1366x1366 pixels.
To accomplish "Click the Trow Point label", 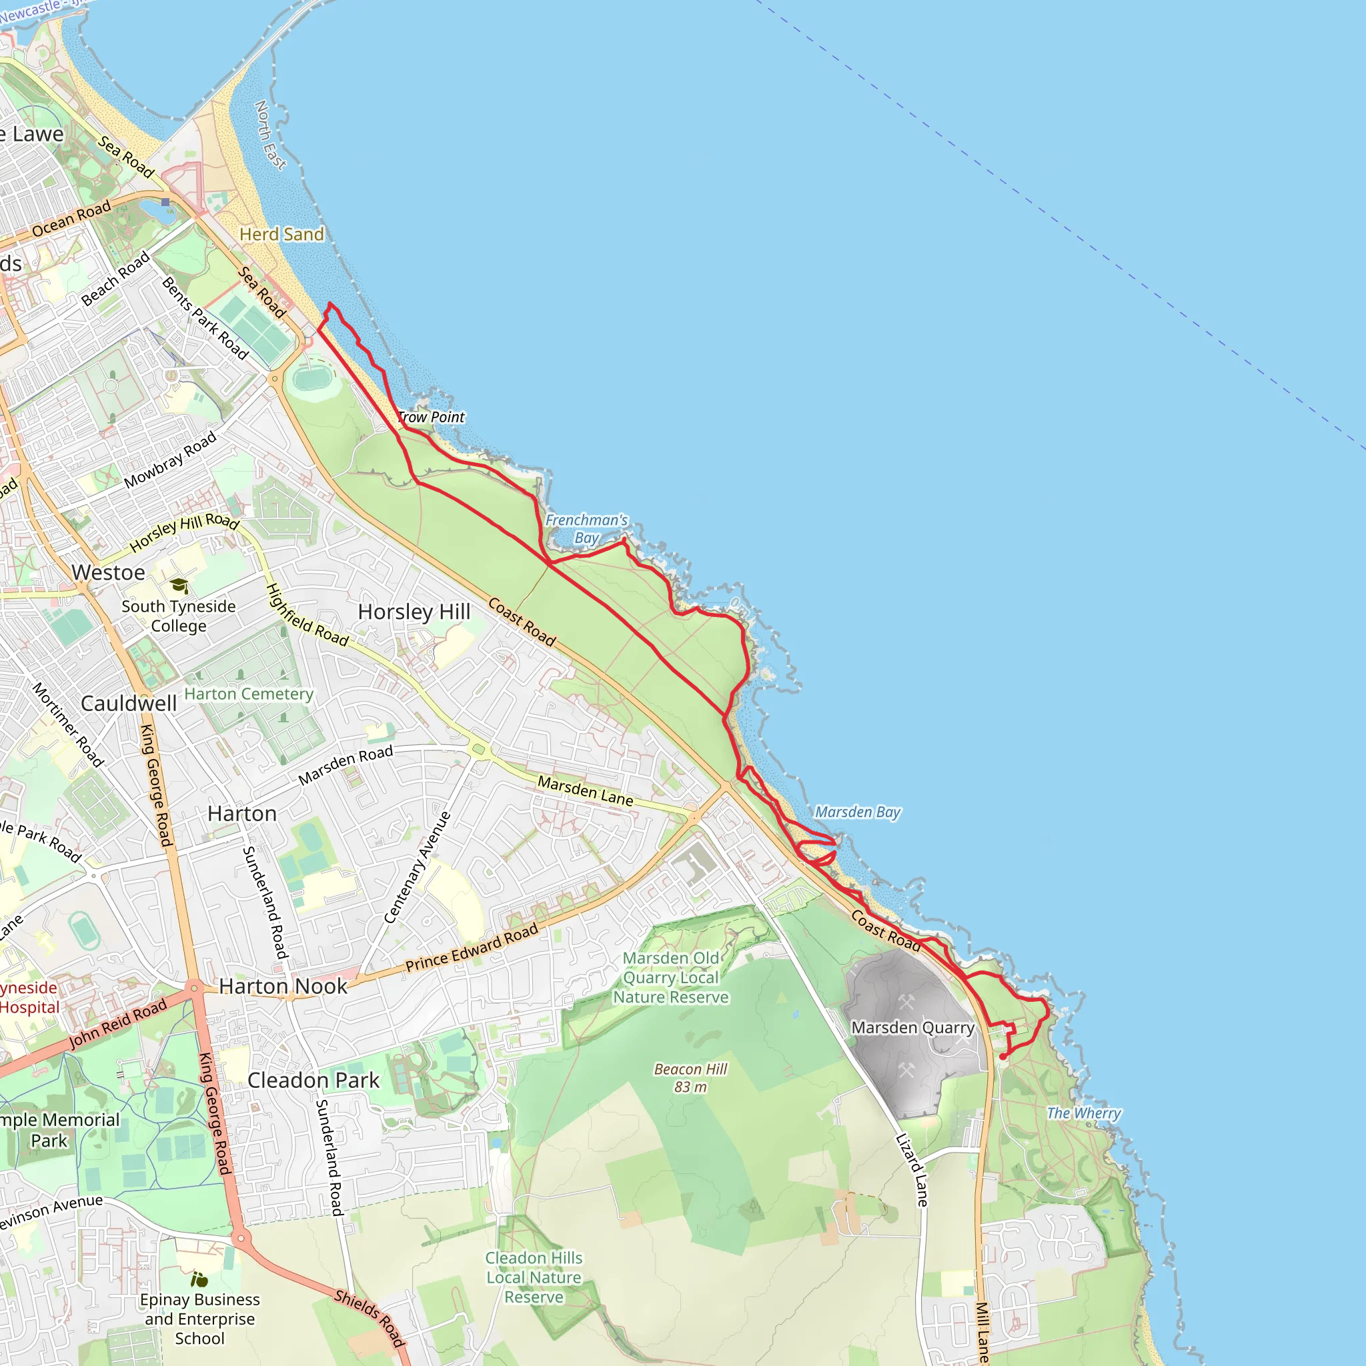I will pos(431,417).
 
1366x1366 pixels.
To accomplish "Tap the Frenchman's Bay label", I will pos(586,529).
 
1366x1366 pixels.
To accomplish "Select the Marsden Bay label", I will pos(858,812).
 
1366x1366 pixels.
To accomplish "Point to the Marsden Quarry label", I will pos(912,1027).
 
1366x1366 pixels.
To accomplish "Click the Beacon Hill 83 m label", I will pos(690,1078).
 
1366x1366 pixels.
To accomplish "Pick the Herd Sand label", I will pos(281,234).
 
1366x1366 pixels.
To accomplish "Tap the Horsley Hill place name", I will pos(414,612).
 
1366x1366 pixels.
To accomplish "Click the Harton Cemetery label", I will pos(249,694).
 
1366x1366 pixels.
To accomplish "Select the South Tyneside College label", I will pos(179,616).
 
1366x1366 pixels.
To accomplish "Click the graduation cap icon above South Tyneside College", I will pos(179,586).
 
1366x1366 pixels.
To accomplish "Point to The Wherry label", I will pos(1083,1113).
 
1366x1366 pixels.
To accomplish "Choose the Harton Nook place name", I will pos(283,986).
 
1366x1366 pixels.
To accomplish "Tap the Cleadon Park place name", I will pos(313,1081).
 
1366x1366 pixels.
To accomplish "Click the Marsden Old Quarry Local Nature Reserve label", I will pos(670,977).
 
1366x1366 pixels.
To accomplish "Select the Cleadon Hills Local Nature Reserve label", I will pos(534,1277).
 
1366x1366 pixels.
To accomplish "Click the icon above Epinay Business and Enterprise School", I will pos(199,1279).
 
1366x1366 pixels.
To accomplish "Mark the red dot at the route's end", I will pos(1002,1057).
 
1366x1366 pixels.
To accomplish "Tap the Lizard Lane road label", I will pos(912,1169).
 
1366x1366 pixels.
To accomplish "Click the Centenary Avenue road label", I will pos(417,868).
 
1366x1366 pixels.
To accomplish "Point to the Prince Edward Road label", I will pos(472,946).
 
